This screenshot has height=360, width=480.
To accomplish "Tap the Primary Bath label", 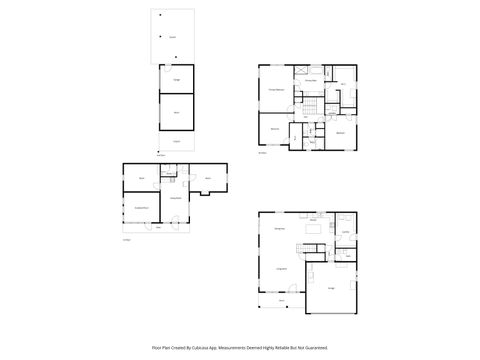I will click(310, 79).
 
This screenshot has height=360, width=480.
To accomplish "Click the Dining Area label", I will click(279, 229).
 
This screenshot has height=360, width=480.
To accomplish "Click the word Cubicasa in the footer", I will click(207, 347).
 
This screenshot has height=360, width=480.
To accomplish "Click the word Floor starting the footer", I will click(155, 347).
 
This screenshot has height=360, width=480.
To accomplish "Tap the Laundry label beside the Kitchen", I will click(344, 232).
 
